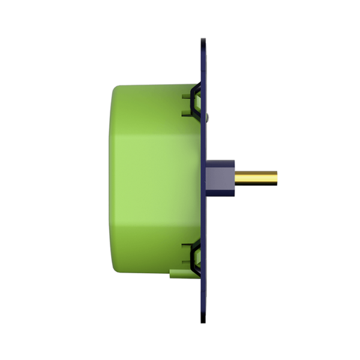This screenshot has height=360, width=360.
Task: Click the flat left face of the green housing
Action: point(112,179)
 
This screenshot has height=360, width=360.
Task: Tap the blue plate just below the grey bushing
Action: point(205,216)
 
